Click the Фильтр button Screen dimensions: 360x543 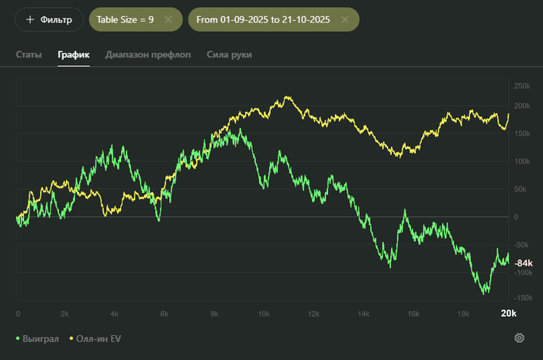pyautogui.click(x=49, y=19)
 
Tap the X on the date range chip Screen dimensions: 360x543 pyautogui.click(x=345, y=19)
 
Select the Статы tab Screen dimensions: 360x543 pyautogui.click(x=29, y=55)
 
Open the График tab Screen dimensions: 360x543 pyautogui.click(x=74, y=55)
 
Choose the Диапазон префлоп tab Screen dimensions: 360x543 pyautogui.click(x=148, y=55)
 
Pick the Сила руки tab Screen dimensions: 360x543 pyautogui.click(x=229, y=55)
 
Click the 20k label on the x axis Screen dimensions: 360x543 pyautogui.click(x=507, y=313)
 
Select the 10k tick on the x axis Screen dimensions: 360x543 pyautogui.click(x=263, y=314)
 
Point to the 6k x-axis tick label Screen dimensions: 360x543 pyautogui.click(x=164, y=314)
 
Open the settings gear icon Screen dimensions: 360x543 pyautogui.click(x=519, y=338)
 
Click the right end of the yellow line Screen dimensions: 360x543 pyautogui.click(x=509, y=114)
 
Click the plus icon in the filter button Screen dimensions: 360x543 pyautogui.click(x=30, y=19)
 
